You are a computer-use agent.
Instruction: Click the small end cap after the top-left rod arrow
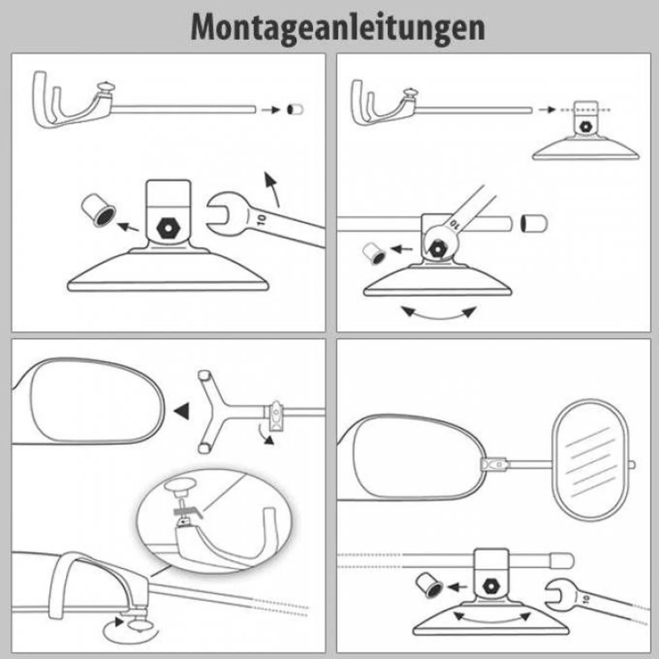pos(295,110)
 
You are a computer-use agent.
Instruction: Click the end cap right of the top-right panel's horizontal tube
pos(534,224)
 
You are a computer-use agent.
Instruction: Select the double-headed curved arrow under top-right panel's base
pos(439,313)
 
